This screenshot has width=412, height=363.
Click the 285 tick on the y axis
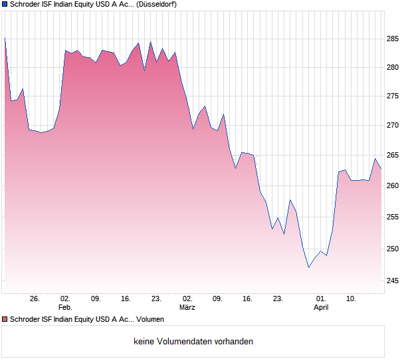pos(392,39)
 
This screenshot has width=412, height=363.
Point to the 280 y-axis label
pos(392,67)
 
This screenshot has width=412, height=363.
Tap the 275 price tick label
pos(392,96)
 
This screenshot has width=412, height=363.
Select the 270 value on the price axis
pos(392,125)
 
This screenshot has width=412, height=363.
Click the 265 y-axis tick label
pos(392,156)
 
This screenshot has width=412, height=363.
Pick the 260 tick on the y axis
pos(392,185)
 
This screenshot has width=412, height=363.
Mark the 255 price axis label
pos(392,217)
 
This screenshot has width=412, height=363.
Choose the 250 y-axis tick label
pos(392,249)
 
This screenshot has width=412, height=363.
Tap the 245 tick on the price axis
pos(392,281)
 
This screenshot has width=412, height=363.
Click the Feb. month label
pos(65,307)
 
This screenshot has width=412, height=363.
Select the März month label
pos(187,307)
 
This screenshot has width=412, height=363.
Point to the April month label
pos(321,307)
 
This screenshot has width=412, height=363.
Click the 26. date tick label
pos(35,299)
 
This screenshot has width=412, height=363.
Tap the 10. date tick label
pos(352,299)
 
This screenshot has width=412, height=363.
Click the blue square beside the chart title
pos(5,4)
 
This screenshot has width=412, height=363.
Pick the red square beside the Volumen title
pos(5,320)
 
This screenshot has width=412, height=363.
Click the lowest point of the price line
pos(308,267)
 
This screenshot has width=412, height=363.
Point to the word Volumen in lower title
pos(150,320)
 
